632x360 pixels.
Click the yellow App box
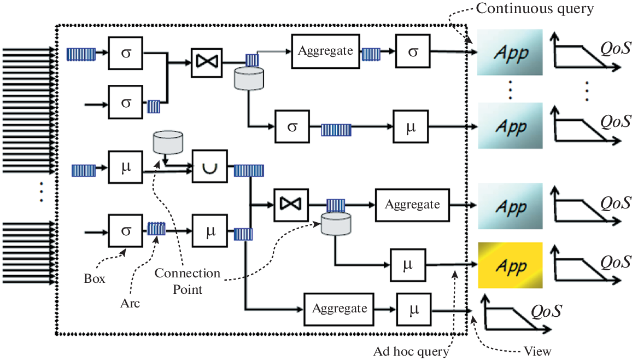pos(510,265)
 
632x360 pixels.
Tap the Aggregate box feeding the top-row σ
pos(326,51)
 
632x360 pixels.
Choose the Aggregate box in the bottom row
pos(340,309)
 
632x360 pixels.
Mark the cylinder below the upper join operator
pos(249,78)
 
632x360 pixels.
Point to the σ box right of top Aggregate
pos(413,52)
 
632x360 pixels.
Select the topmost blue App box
pos(510,53)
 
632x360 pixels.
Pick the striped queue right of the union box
pos(249,171)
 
